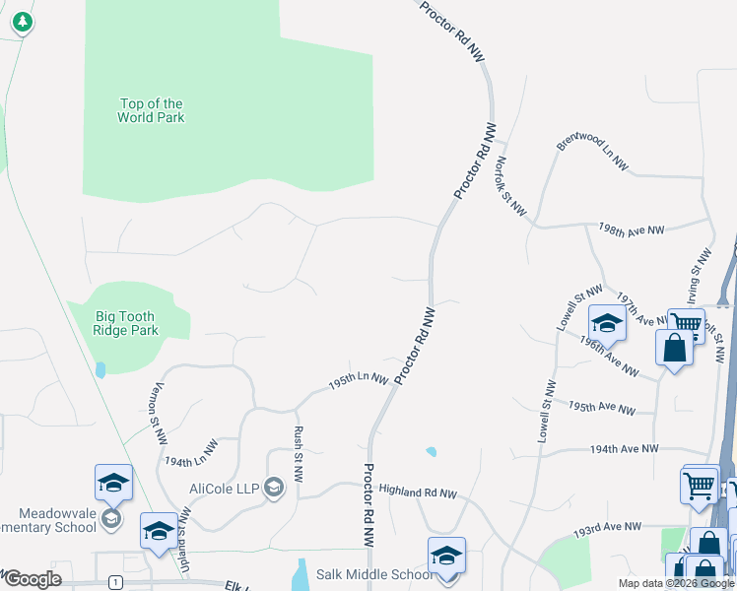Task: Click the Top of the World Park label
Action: (x=151, y=110)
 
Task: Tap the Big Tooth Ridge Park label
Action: (x=126, y=324)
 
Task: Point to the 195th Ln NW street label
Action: (x=359, y=381)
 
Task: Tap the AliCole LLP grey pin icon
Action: (x=274, y=487)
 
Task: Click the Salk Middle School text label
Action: (x=373, y=574)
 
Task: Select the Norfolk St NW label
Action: (x=512, y=186)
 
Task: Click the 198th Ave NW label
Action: (x=632, y=229)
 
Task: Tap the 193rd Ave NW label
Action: (x=607, y=532)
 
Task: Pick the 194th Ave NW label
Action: (x=624, y=449)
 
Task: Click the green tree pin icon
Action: (x=22, y=21)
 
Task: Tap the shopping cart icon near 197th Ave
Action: (x=686, y=323)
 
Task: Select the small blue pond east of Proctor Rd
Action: (x=431, y=452)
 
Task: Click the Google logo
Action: (x=33, y=579)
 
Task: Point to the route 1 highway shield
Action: (x=116, y=582)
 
